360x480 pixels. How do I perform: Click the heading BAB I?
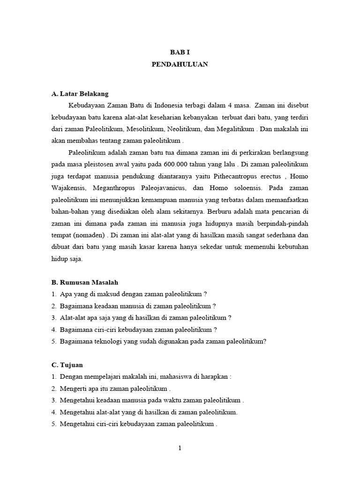coord(180,52)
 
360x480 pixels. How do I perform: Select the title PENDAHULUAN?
coord(180,64)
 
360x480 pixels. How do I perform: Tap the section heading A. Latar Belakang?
coord(80,94)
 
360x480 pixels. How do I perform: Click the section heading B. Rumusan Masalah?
coord(85,282)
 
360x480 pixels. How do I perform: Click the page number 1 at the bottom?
coord(180,448)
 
